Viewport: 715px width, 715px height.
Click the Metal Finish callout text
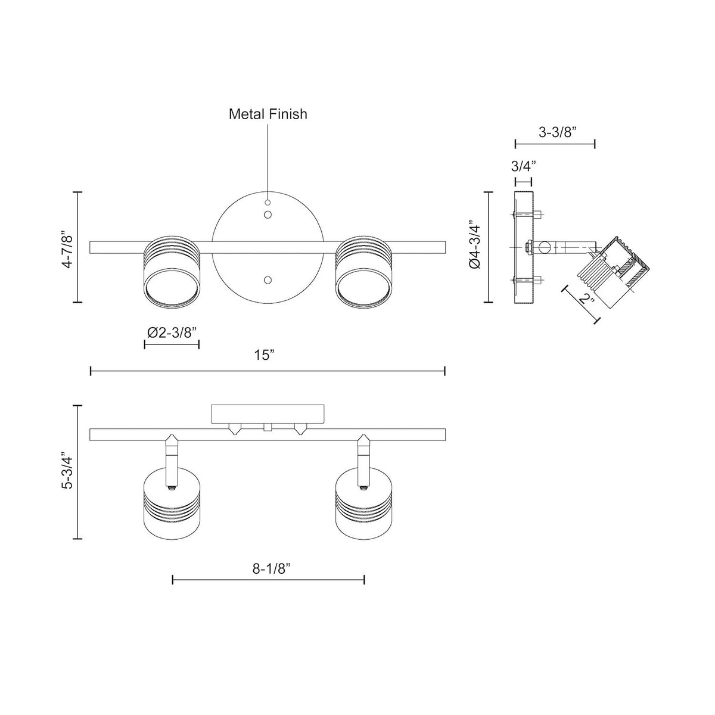tap(268, 114)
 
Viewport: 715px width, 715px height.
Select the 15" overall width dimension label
tap(265, 356)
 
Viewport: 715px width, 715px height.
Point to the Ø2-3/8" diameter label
tap(172, 333)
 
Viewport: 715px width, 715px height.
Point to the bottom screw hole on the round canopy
tap(268, 279)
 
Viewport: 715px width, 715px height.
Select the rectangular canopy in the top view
tap(269, 414)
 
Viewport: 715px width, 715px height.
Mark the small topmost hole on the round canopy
tap(268, 202)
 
